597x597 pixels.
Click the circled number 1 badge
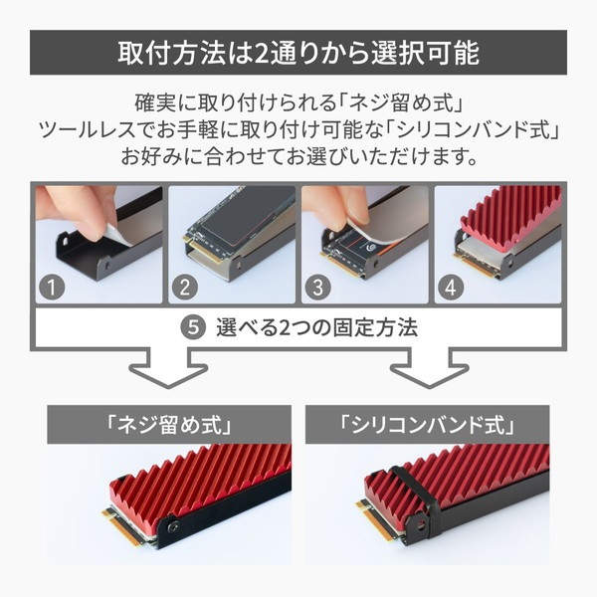click(52, 288)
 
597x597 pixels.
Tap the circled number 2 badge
click(185, 288)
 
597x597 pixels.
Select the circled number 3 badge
click(318, 288)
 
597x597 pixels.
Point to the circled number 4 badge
click(451, 288)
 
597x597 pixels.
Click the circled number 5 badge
click(193, 327)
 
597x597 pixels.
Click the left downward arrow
click(169, 368)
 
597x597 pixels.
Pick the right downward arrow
click(430, 368)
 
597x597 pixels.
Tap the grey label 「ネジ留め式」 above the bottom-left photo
click(169, 425)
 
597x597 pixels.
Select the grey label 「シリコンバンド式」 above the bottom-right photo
click(427, 425)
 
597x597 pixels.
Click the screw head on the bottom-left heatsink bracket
click(173, 526)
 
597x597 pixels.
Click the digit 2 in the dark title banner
click(261, 53)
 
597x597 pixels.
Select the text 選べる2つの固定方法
click(316, 327)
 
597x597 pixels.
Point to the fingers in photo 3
click(335, 208)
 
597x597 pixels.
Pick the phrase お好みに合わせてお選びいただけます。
click(298, 156)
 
